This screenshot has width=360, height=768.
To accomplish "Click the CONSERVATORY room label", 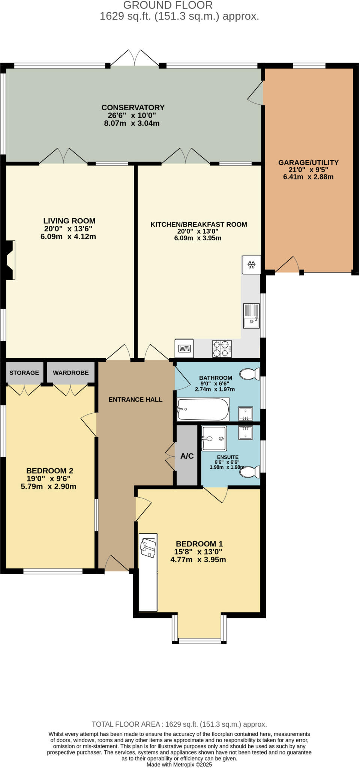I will point(133,108).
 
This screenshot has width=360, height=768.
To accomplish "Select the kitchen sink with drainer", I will point(251,316).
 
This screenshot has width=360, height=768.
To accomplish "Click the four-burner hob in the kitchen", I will point(222,349).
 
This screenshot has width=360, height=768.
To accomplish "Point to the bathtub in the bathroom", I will point(203,409).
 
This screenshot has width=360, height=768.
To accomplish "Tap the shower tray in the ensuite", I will point(214,438).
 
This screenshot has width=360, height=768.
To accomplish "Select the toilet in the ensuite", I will point(250,472).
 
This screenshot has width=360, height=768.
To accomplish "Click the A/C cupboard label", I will point(187,456).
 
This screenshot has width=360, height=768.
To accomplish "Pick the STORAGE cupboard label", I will point(24,373).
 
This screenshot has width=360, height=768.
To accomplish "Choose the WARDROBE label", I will point(70,373).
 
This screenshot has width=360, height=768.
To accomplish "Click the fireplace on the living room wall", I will point(9,260).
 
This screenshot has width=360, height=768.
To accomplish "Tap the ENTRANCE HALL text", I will point(135,400).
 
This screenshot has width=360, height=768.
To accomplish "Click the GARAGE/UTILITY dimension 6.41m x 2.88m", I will point(308,177).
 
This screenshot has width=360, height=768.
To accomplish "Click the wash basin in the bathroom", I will point(246,414).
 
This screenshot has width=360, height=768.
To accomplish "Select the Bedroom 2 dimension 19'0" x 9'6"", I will point(48,478).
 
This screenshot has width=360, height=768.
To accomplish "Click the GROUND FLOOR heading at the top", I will point(168,5).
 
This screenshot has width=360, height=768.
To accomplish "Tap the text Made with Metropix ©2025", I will point(179,764).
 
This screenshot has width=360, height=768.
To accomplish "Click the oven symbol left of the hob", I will point(184,348).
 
